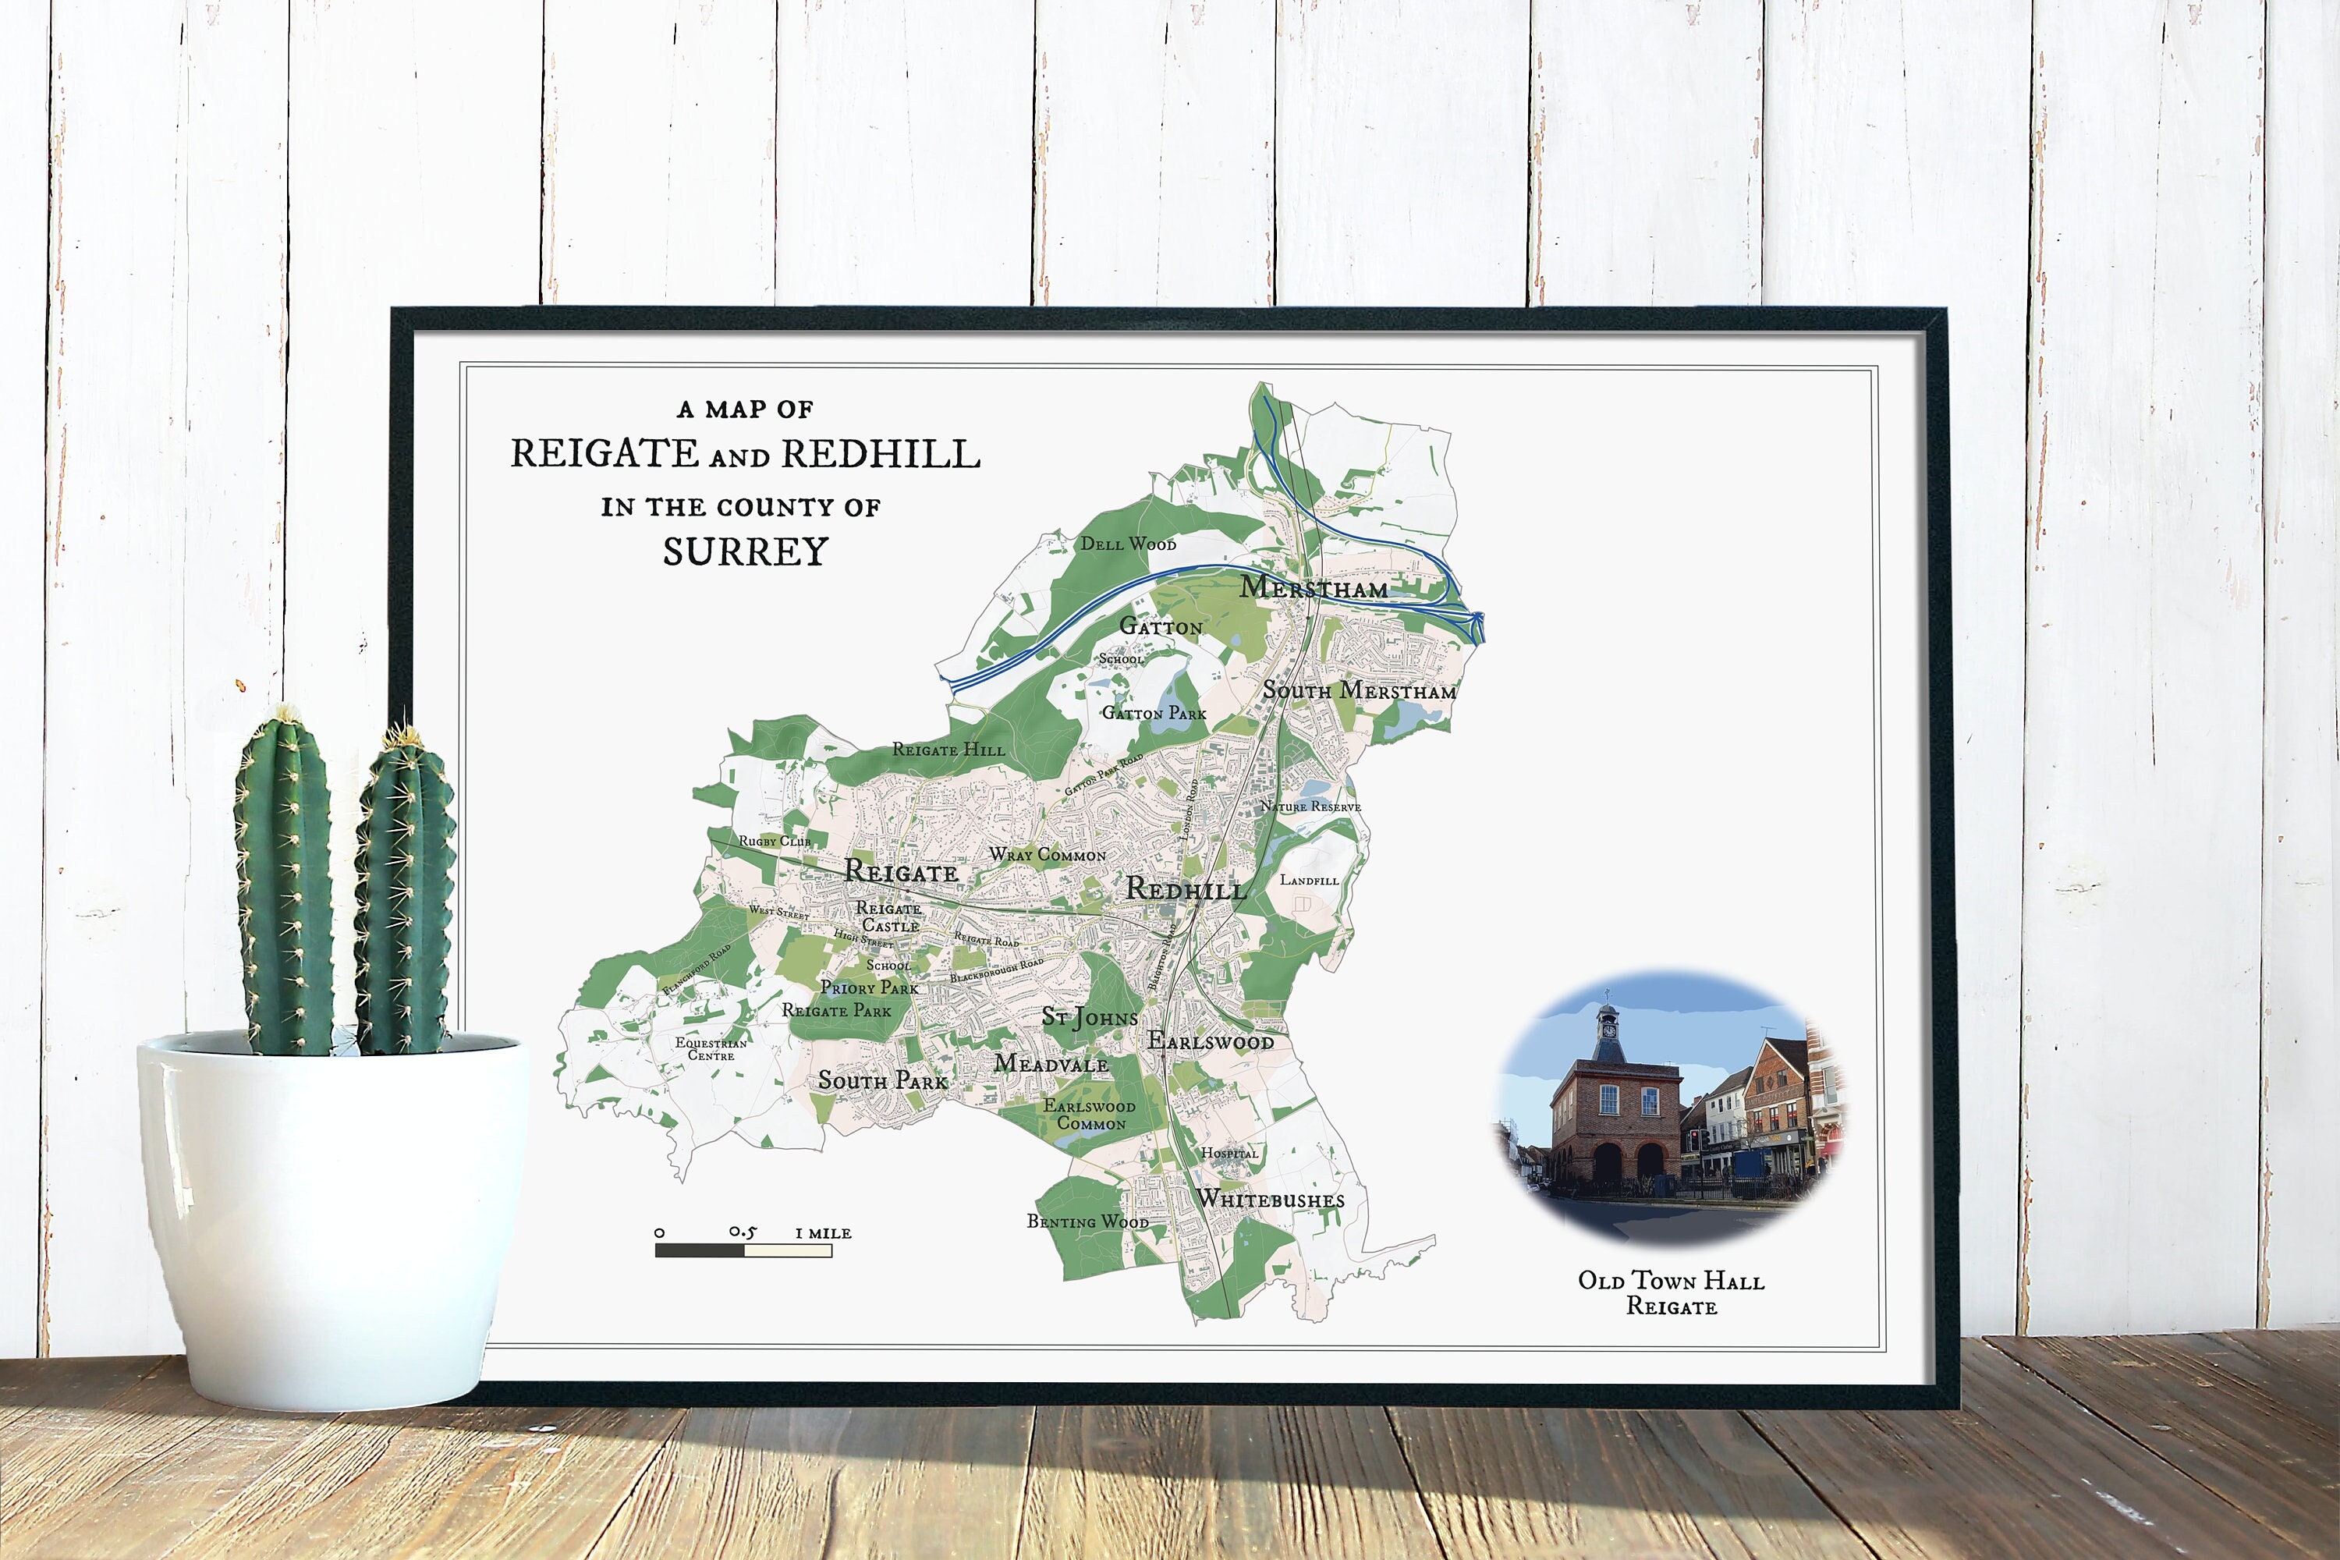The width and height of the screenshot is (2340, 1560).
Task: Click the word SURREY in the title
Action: tap(745, 552)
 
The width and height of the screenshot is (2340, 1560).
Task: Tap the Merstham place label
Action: tap(1314, 588)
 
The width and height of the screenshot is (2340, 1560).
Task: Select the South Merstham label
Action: tap(1359, 690)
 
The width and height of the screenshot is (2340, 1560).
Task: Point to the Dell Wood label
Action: tap(1128, 544)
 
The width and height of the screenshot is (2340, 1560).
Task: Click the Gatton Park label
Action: tap(1154, 714)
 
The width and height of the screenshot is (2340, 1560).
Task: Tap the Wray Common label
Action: tap(1048, 855)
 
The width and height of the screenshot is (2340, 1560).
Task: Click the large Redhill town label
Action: tap(1186, 889)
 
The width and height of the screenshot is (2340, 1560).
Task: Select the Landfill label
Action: tap(1310, 881)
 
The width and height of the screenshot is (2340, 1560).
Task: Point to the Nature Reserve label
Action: tap(1310, 807)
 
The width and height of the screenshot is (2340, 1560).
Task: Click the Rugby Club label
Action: tap(774, 842)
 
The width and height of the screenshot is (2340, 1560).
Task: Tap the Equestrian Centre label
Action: tap(711, 1048)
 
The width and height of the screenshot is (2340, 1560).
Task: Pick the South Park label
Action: tap(882, 1080)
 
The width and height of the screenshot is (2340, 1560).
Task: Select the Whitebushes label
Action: tap(1271, 1200)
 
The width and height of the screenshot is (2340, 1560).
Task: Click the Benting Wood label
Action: tap(1087, 1221)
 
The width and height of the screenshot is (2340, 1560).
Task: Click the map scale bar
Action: tap(743, 1250)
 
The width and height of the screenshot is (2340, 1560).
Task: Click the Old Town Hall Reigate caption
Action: tap(1672, 1293)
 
